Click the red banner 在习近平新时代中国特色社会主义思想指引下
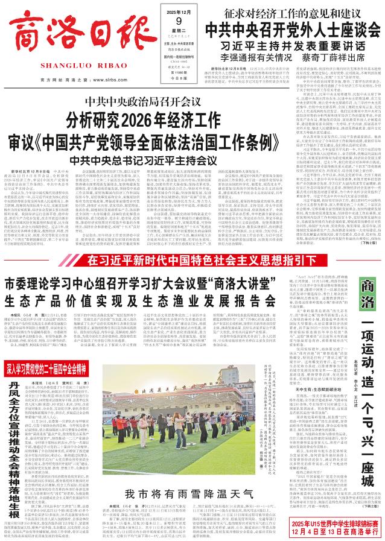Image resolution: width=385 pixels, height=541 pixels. click(192, 244)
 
